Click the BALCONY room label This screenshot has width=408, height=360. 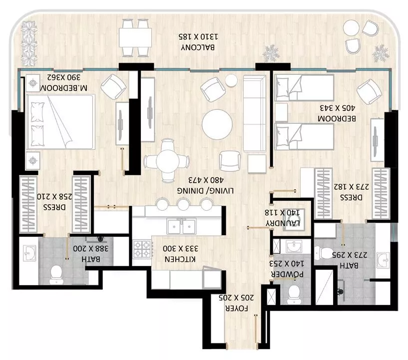(x=198, y=47)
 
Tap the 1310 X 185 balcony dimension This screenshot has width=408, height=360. (x=199, y=36)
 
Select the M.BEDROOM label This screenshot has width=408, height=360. (x=64, y=88)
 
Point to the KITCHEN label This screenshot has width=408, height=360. (x=180, y=259)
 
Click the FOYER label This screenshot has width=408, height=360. (x=236, y=309)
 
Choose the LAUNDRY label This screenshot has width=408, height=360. (x=283, y=223)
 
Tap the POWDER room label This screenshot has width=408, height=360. (x=287, y=274)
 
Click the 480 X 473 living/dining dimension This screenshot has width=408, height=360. (x=206, y=180)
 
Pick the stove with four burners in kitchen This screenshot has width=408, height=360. (x=142, y=249)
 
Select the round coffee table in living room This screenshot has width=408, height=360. (x=217, y=124)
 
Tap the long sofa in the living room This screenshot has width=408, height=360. (x=255, y=113)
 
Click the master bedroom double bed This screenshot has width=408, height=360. (x=60, y=122)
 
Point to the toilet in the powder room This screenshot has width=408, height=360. (x=294, y=295)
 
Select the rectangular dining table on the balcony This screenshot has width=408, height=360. (x=135, y=37)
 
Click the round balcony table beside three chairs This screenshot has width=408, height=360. (x=351, y=28)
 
